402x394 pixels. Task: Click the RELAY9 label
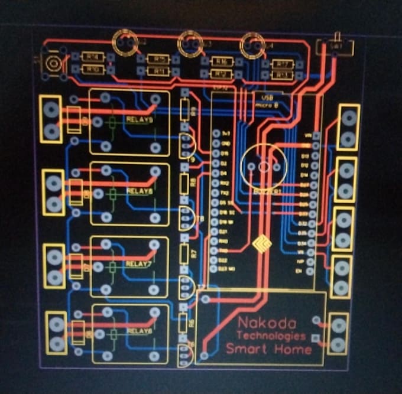(140, 119)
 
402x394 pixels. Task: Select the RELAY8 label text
(140, 191)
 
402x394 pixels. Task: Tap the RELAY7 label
(139, 263)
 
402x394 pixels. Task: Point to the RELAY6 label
(140, 331)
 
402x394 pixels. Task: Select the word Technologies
(271, 336)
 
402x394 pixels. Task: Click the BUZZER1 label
(264, 191)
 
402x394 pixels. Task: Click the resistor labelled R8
(185, 181)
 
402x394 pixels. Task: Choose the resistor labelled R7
(185, 253)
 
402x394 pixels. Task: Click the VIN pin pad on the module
(316, 136)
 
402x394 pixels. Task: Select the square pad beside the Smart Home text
(315, 338)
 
